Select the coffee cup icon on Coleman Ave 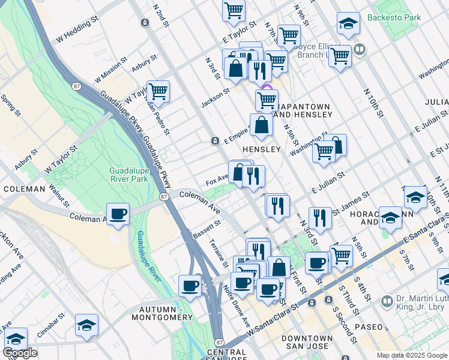click(118, 214)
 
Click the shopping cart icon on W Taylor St click(158, 92)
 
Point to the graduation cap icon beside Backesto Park click(348, 23)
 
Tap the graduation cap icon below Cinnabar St click(86, 325)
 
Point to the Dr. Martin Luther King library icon click(387, 301)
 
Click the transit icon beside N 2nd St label click(145, 23)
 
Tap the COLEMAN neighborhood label click(24, 189)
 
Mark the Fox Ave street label click(217, 179)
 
